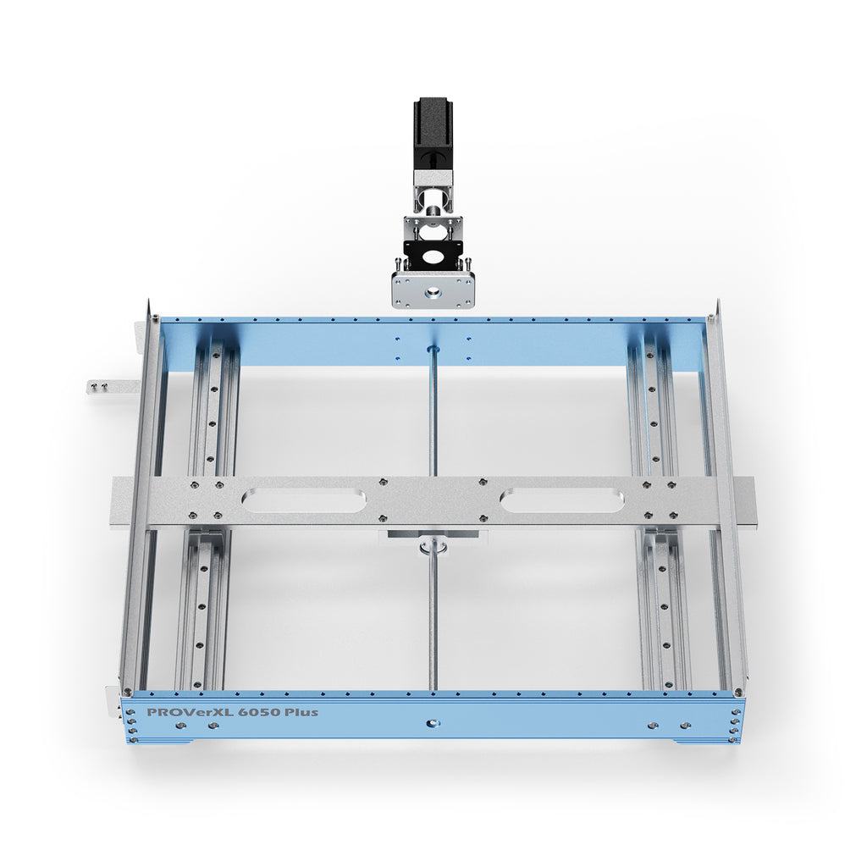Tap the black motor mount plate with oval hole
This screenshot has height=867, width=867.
(433, 252)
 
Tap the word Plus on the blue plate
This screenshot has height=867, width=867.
(302, 712)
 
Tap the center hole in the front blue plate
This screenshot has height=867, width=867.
(433, 724)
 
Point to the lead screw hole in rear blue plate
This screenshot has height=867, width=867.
(433, 349)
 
